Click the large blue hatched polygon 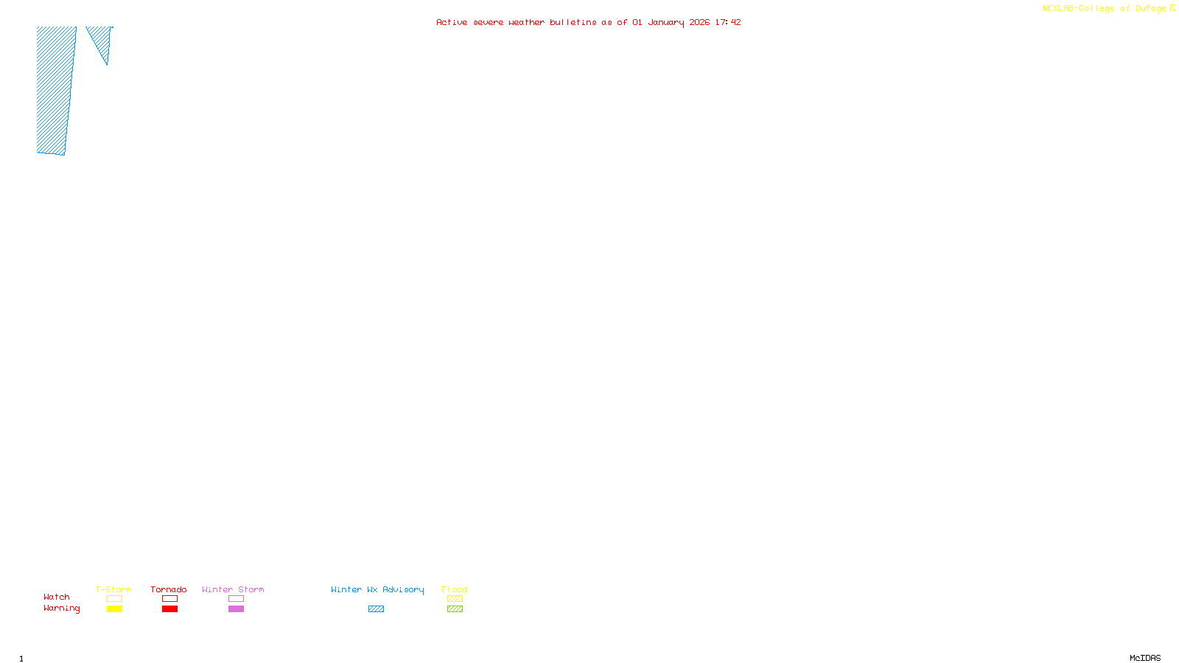click(55, 88)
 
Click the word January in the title click(665, 22)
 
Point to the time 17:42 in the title click(727, 22)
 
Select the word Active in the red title click(452, 22)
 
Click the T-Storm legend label click(113, 589)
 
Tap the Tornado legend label click(169, 589)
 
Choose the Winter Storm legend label click(233, 589)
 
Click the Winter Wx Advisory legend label click(377, 589)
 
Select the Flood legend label click(455, 589)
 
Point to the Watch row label click(57, 597)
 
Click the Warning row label click(62, 608)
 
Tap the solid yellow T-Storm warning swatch click(114, 609)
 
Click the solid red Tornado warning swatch click(169, 609)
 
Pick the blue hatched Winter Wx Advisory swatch click(376, 609)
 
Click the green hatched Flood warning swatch click(455, 609)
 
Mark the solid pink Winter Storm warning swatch click(236, 609)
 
